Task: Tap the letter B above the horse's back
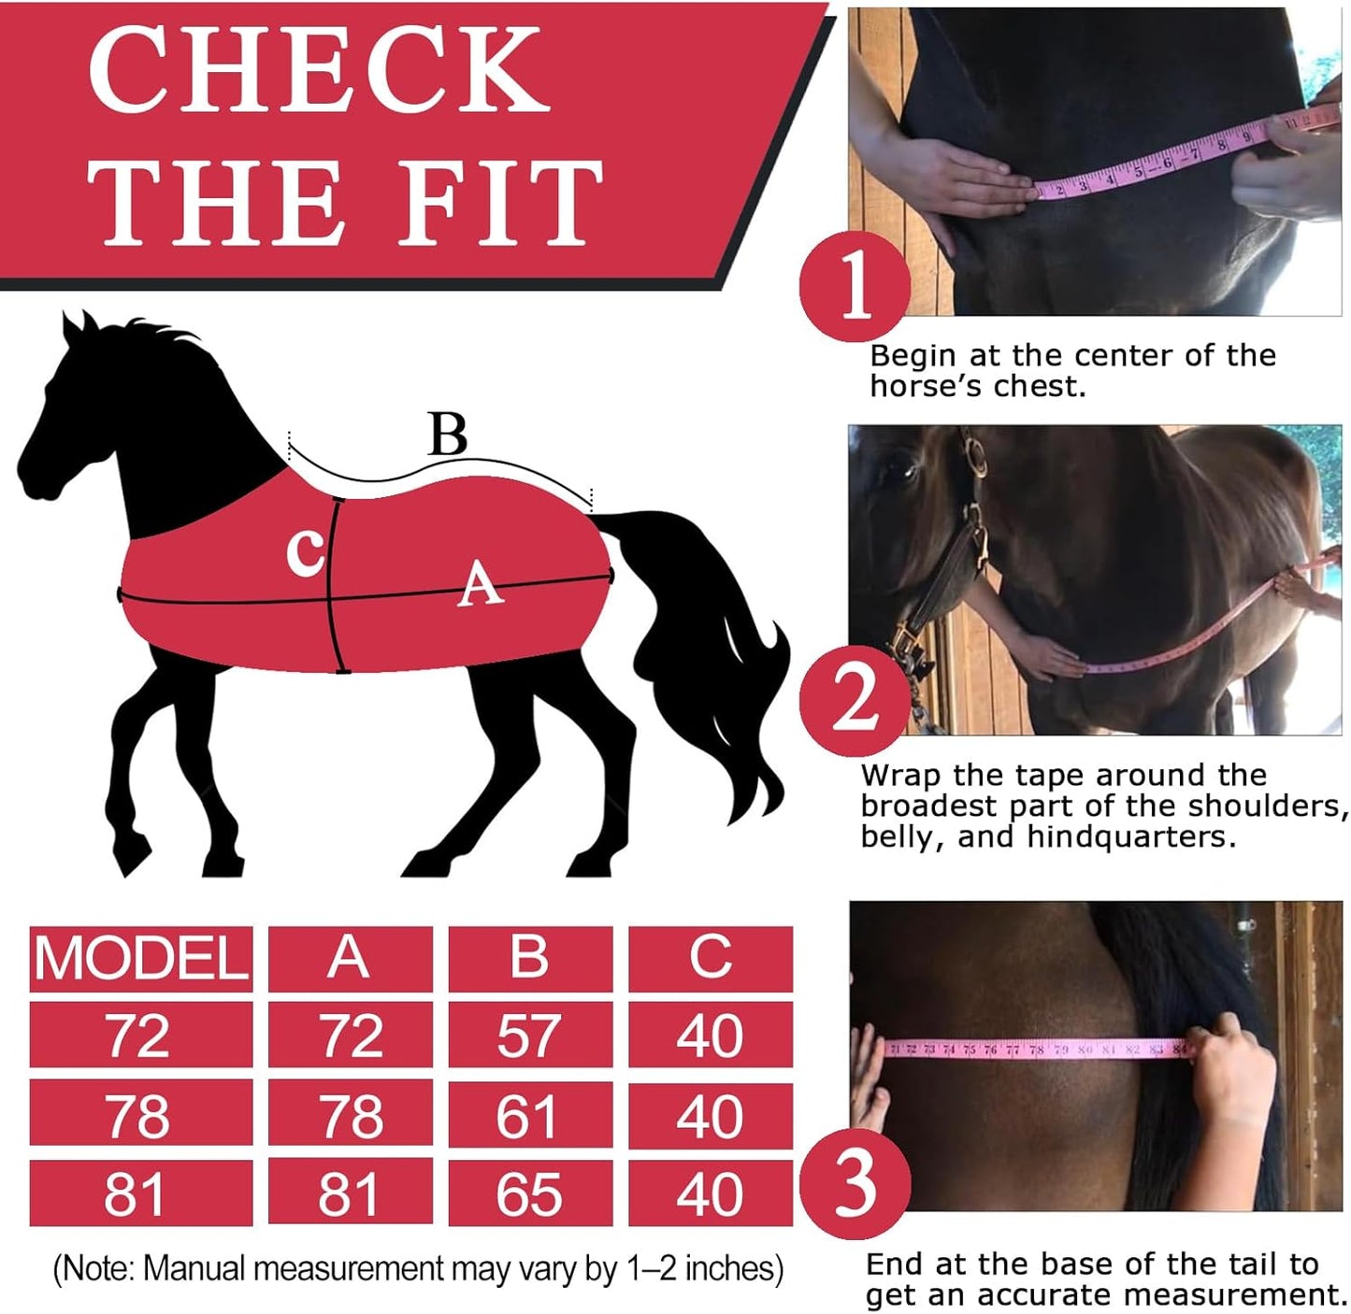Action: [x=447, y=435]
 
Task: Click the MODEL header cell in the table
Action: [x=140, y=958]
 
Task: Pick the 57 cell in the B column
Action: [x=529, y=1035]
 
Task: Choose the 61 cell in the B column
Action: [x=529, y=1115]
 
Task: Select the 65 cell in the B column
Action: [x=529, y=1193]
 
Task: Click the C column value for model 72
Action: [x=710, y=1035]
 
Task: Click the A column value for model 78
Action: [x=350, y=1115]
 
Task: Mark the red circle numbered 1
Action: [x=855, y=285]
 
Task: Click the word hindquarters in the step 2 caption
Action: [x=1130, y=836]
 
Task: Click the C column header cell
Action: [x=710, y=958]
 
